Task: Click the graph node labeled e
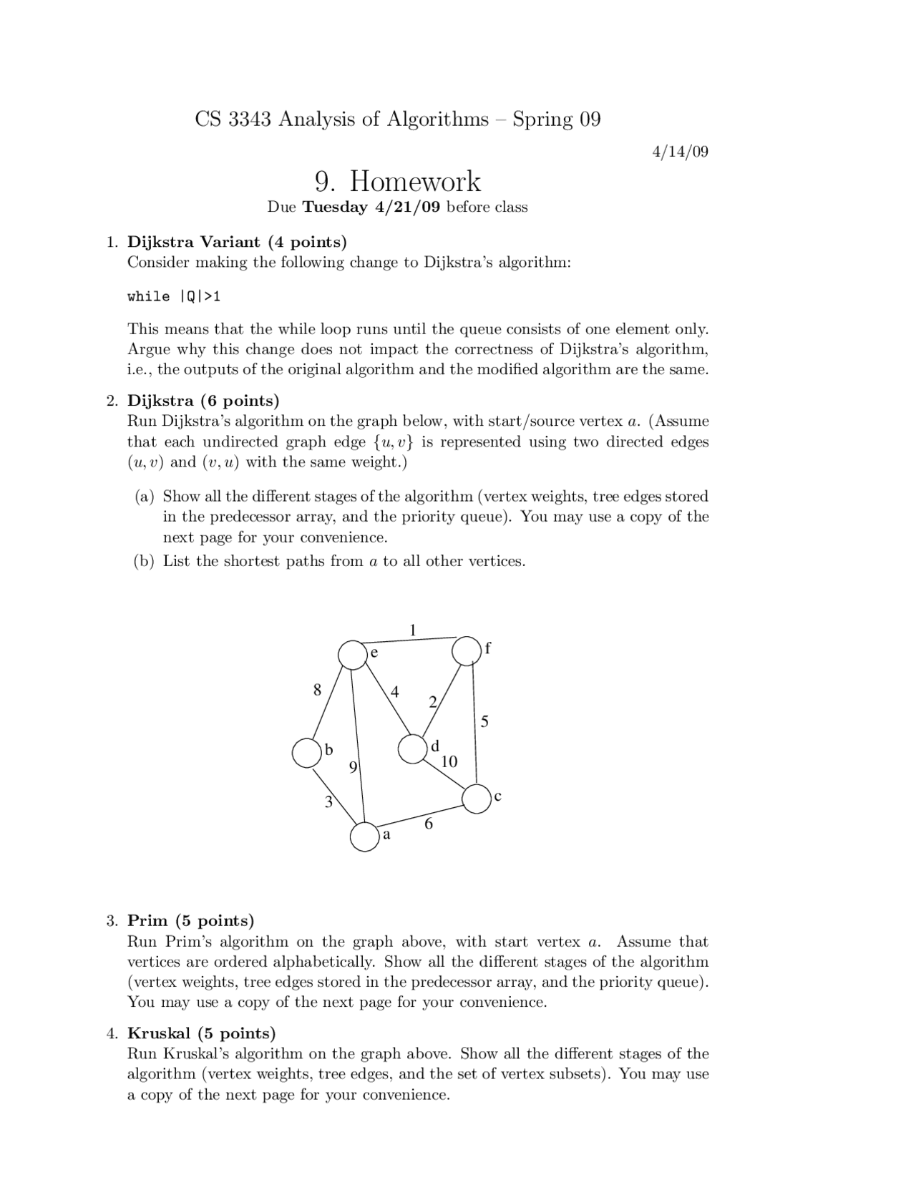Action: coord(352,655)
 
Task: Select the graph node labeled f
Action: coord(466,650)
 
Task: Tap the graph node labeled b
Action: coord(306,753)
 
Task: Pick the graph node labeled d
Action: coord(411,748)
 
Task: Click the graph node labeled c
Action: coord(477,799)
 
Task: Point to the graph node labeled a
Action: coord(364,837)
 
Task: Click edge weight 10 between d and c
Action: coord(449,761)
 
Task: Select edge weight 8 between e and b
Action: coord(318,690)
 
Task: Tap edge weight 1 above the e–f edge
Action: coord(412,630)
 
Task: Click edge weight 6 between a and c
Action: coord(429,824)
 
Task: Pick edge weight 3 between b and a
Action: coord(328,802)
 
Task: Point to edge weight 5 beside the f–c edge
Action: coord(484,721)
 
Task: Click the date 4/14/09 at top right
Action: coord(680,152)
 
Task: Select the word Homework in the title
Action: coord(415,182)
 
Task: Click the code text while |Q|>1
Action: coord(174,296)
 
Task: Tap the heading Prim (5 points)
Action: coord(190,920)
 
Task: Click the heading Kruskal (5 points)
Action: coord(201,1033)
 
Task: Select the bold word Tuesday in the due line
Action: coord(335,208)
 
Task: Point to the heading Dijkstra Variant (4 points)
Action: coord(237,241)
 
